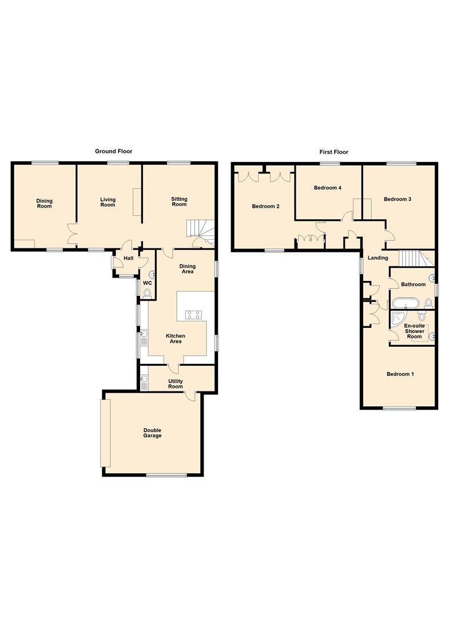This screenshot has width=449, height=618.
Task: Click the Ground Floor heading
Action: coord(113,152)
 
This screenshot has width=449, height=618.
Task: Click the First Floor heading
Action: coord(333,152)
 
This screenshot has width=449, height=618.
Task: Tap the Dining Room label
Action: coord(45,203)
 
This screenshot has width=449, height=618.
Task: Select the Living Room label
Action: coord(108,203)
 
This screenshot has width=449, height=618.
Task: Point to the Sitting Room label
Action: coord(179,202)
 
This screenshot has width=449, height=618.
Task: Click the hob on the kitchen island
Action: coord(193,314)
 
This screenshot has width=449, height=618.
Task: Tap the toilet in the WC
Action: coord(147,294)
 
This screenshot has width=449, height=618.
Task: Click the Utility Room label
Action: coord(176,383)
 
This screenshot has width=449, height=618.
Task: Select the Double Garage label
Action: coord(152,433)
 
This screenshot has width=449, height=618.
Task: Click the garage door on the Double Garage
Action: coord(105,433)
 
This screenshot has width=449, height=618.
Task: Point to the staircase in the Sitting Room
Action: coord(201,229)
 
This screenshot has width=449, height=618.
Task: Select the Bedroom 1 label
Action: coord(400,374)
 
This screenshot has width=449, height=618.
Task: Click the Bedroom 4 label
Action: coord(328,188)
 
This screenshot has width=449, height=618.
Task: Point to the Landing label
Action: coord(378,258)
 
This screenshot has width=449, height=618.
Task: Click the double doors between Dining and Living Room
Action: coord(73,235)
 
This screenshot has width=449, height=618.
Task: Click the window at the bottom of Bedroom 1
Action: coord(399,409)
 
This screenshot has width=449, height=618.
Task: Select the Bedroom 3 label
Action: coord(398,199)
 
